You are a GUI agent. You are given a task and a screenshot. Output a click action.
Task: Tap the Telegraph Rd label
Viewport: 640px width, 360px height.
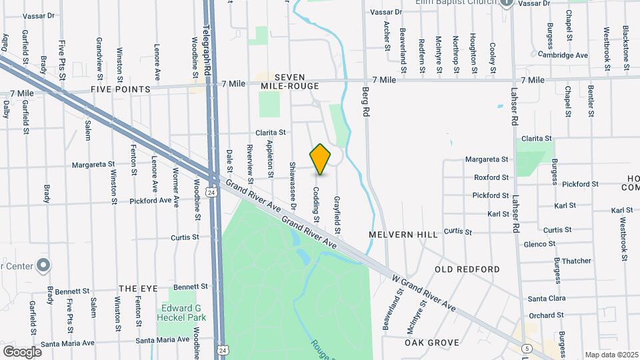(207, 49)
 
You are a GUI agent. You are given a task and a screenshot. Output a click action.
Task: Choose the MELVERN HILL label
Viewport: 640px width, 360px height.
(403, 235)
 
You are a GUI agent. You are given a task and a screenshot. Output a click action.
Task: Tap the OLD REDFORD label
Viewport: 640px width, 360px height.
(467, 269)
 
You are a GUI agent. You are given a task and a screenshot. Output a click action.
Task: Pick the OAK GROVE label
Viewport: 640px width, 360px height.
(432, 343)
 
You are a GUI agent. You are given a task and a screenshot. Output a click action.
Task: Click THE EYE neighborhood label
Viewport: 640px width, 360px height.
(138, 289)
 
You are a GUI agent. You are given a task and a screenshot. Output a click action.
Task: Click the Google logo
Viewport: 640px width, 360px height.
(22, 351)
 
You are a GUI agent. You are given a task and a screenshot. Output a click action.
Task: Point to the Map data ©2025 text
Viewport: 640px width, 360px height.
(611, 355)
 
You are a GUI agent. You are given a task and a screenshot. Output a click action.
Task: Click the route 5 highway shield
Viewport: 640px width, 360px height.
(527, 348)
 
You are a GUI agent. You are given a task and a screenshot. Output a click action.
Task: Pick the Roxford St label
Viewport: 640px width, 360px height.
(491, 177)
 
